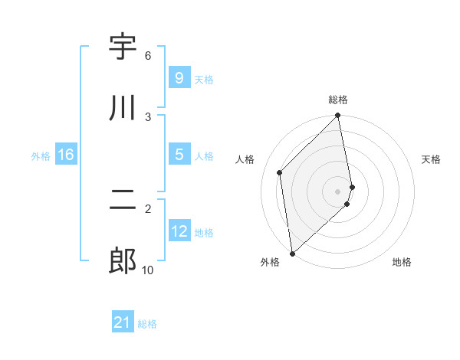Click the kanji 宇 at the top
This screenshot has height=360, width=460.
[x=123, y=46]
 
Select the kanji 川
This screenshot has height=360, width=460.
[x=123, y=107]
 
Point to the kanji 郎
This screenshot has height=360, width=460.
[x=123, y=261]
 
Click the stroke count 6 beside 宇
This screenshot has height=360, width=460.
[x=148, y=56]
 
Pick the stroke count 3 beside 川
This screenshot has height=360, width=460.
[x=148, y=116]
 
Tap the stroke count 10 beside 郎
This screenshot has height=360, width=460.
[x=148, y=270]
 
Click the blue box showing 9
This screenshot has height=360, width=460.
[x=179, y=77]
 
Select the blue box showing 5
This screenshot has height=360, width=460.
[x=179, y=155]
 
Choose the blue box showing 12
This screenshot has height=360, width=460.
[x=179, y=231]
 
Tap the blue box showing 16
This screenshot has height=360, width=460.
[x=66, y=155]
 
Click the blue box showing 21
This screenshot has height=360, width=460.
[x=123, y=322]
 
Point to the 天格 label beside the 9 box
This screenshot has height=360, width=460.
[x=204, y=79]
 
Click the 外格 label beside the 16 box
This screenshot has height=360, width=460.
[x=41, y=156]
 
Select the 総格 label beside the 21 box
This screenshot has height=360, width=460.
[x=147, y=324]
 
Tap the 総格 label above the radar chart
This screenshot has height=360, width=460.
[x=338, y=100]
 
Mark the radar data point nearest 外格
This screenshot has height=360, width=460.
[x=292, y=253]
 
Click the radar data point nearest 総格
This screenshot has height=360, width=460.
[x=338, y=116]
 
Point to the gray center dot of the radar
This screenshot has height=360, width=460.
[x=338, y=191]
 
